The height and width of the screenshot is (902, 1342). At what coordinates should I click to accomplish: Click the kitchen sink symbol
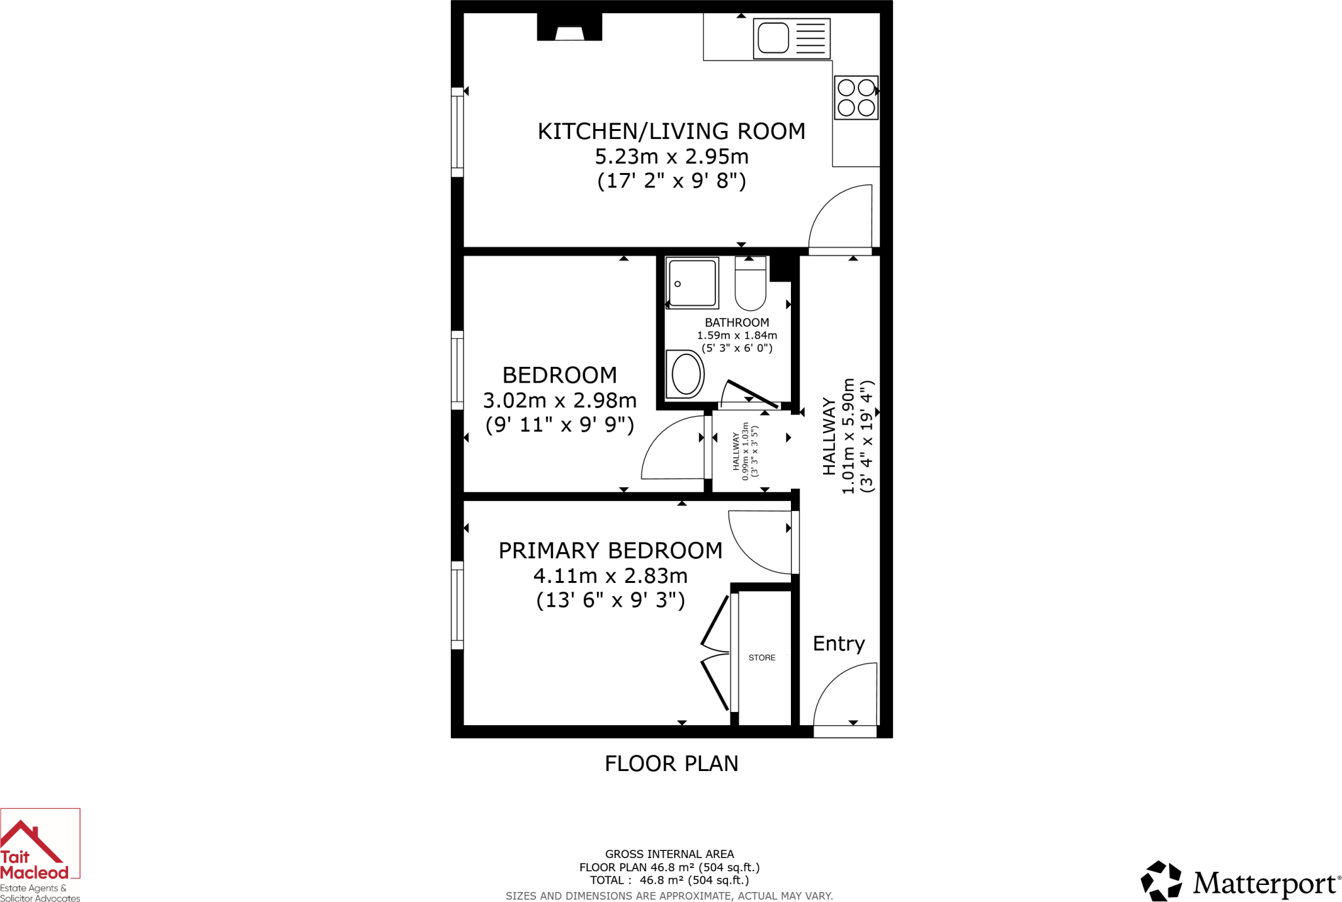[x=791, y=39]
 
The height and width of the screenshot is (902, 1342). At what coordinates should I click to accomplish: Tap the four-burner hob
[x=856, y=98]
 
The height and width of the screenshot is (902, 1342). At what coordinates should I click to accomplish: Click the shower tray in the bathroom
[x=692, y=283]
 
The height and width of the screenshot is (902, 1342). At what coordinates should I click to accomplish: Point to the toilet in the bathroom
[x=750, y=284]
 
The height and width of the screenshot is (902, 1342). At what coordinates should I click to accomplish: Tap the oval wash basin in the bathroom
[x=685, y=375]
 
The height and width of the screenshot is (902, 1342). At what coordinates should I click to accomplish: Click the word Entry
[x=838, y=643]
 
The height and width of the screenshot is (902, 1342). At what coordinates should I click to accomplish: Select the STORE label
[x=761, y=658]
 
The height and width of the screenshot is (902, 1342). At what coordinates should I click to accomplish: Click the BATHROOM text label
[x=737, y=322]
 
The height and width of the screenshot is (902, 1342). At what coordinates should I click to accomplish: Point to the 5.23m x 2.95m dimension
[x=671, y=157]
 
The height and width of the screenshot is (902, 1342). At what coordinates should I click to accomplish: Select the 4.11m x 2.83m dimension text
[x=610, y=576]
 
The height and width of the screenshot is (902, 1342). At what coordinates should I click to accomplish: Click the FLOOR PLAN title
[x=671, y=764]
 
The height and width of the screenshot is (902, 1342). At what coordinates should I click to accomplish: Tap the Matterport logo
[x=1240, y=882]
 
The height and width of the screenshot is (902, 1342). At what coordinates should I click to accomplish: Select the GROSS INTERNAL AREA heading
[x=669, y=854]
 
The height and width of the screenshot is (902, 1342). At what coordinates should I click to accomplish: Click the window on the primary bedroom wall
[x=457, y=605]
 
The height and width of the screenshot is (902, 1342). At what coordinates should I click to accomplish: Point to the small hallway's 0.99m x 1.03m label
[x=746, y=451]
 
